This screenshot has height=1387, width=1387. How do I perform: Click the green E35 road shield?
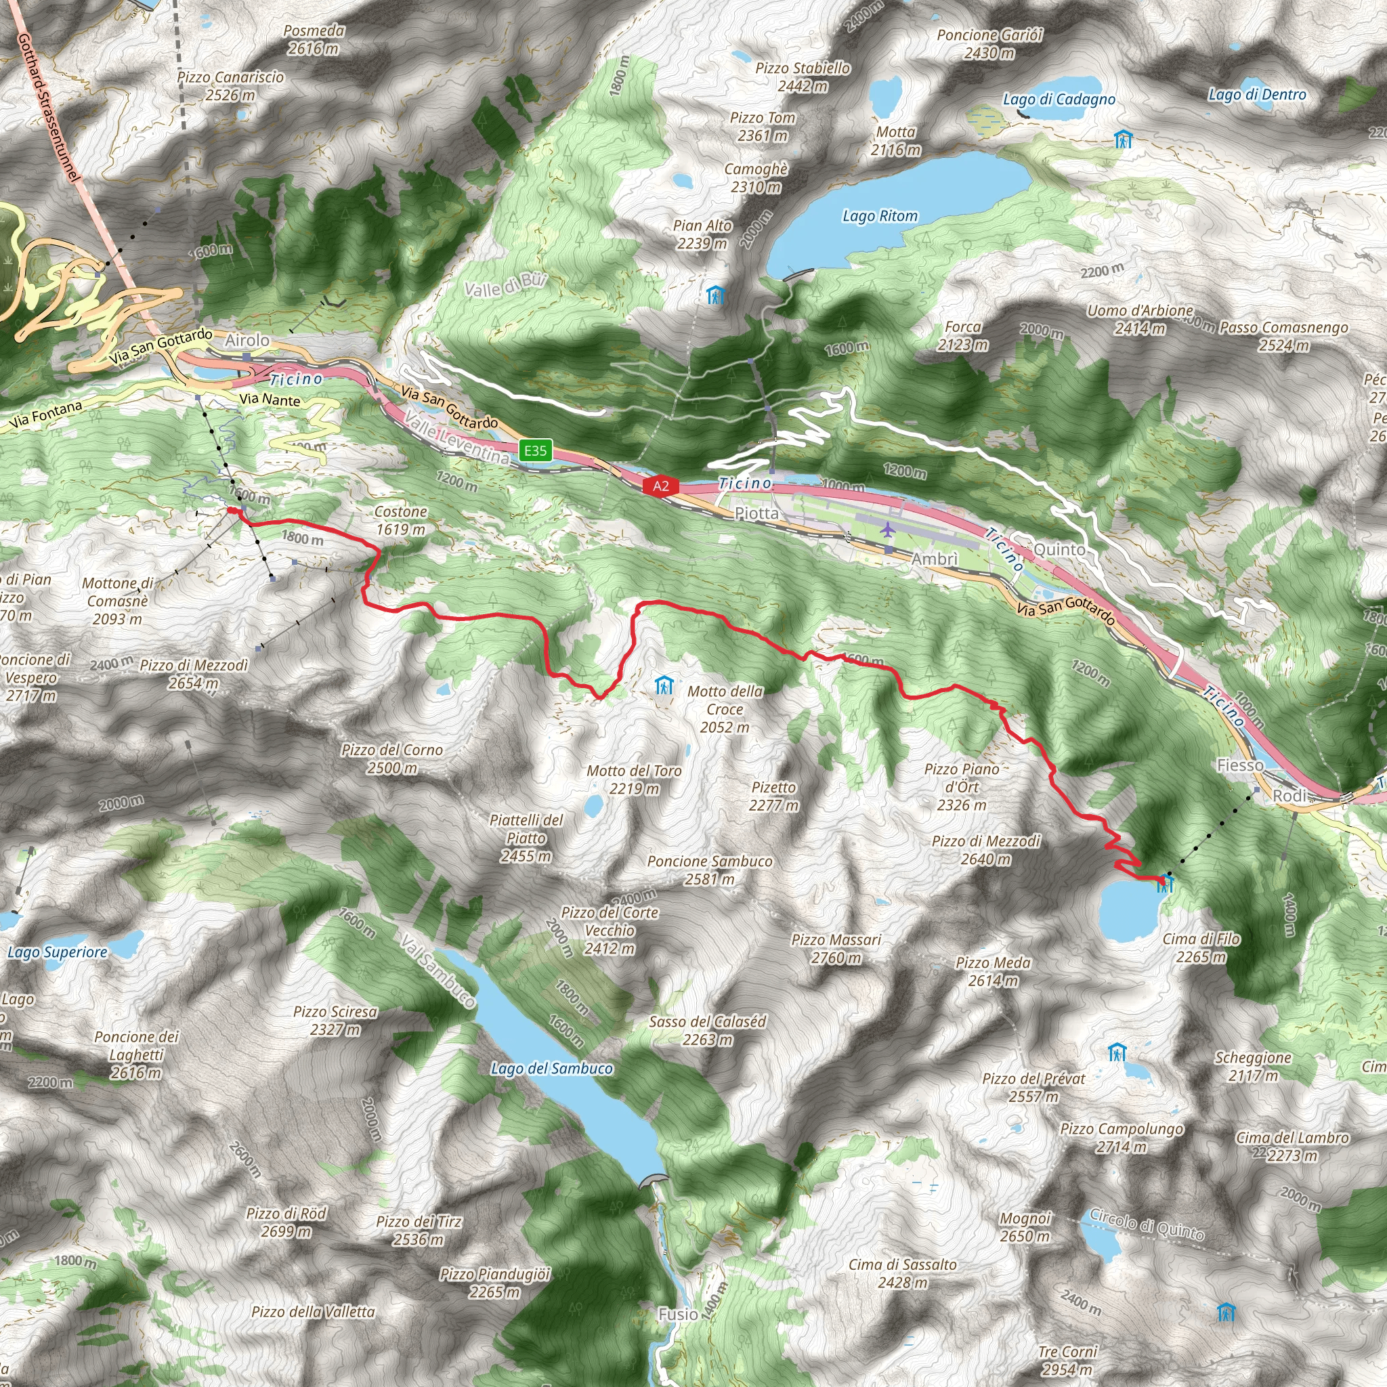pos(536,451)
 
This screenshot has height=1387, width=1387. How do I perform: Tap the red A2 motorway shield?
pos(660,486)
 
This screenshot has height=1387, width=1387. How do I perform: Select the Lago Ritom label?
pos(880,216)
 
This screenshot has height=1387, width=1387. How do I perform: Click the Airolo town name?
pos(248,340)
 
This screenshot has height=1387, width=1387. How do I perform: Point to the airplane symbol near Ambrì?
pos(888,530)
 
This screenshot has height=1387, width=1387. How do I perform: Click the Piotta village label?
pos(756,513)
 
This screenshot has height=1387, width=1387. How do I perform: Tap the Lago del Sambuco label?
pos(551,1069)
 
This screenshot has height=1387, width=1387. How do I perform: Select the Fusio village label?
pos(678,1315)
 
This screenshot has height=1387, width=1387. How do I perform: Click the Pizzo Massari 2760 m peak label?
pos(836,948)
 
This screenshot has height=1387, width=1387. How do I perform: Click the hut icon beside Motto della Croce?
pos(665,685)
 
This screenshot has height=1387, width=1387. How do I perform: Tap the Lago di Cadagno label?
pos(1059,100)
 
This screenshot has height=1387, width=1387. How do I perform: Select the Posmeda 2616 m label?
pos(314,39)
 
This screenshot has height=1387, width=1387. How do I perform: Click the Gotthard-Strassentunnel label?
pos(48,108)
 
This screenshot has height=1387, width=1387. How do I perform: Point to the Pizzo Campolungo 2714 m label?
pos(1122,1138)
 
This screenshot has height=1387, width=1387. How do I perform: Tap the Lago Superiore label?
pos(58,953)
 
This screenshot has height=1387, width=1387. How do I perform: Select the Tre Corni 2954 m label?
pos(1068,1361)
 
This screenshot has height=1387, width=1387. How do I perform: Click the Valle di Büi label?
pos(505,285)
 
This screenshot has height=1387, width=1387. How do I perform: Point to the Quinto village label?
pos(1060,550)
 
